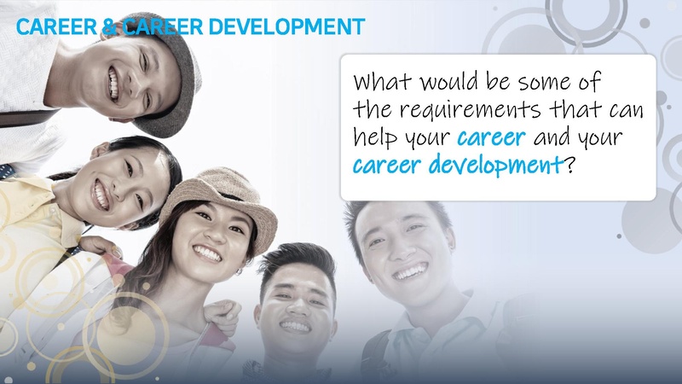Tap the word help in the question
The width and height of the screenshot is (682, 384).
[x=377, y=137]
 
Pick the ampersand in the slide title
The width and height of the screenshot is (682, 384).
[x=107, y=26]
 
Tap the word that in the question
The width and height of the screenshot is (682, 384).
[x=566, y=110]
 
